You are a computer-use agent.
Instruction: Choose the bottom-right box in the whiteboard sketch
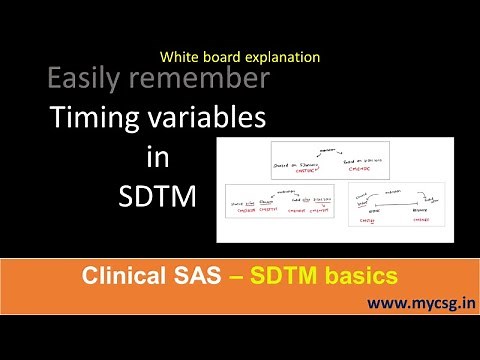pyautogui.click(x=396, y=204)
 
